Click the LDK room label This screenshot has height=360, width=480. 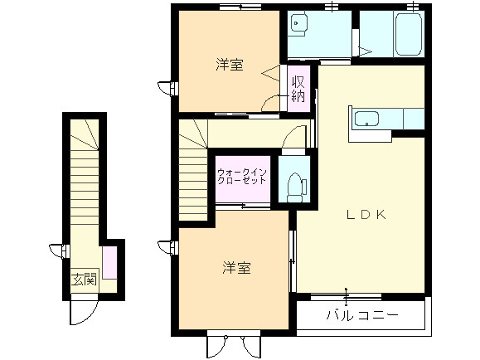click(366, 214)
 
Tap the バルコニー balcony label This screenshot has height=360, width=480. click(361, 316)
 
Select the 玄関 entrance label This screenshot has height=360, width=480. click(84, 279)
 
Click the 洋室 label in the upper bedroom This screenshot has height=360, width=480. click(230, 64)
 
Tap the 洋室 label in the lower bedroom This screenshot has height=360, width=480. click(236, 268)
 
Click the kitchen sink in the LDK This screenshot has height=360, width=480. click(366, 119)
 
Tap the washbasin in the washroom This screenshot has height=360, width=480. click(300, 26)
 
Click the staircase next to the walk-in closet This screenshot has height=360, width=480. click(192, 166)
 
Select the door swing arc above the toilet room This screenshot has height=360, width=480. click(292, 142)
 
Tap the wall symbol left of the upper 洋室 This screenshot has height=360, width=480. click(172, 85)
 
